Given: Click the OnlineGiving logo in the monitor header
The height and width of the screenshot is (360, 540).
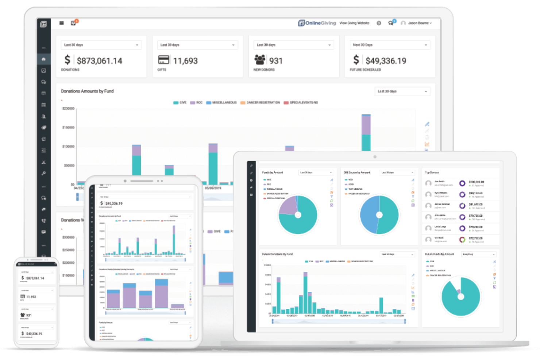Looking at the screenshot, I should coord(317,23).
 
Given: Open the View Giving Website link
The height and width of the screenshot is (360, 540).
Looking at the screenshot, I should coord(354,23).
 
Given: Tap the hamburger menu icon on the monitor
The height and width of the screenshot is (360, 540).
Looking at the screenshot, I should coord(62,23).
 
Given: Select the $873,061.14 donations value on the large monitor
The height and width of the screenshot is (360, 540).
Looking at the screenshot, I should coord(99,61).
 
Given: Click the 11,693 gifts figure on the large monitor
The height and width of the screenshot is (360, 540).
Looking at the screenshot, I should coord(185,61).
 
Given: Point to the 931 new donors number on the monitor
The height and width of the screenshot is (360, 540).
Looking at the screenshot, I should coord(276,61).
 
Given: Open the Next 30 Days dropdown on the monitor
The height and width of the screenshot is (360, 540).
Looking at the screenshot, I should coord(390,45).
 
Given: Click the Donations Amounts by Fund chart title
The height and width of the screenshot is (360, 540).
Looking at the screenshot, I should coord(87,91).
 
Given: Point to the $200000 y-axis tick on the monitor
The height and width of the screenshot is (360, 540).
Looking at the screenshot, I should coord(68,109).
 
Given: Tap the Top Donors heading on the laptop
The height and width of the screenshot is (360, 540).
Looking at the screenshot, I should coord(432,173).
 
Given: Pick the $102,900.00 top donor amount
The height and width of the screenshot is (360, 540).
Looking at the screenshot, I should coord(476,182).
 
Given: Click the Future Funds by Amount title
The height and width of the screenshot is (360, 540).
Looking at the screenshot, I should coord(439,254).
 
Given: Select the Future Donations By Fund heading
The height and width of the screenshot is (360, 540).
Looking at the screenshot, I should coord(277,254).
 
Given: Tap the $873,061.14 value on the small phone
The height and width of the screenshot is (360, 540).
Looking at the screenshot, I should coord(35,278).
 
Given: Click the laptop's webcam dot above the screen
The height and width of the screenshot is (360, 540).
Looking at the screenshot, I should coord(375,157).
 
